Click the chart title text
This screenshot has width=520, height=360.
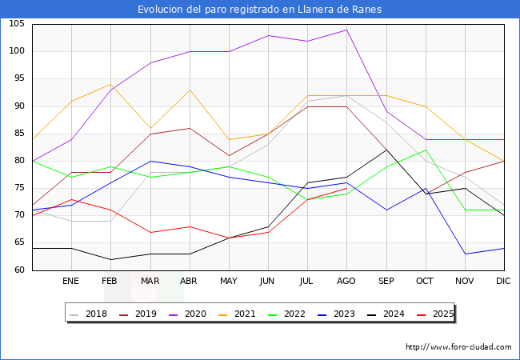(x=259, y=10)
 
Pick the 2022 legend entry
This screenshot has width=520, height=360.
(x=297, y=314)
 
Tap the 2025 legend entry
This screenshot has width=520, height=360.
(x=440, y=314)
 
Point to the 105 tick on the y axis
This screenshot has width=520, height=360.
(x=17, y=24)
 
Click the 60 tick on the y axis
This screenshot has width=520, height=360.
(x=20, y=270)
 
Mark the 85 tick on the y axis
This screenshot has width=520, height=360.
(x=20, y=134)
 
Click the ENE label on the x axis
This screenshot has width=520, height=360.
(x=71, y=282)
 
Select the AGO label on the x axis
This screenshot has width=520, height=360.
(x=346, y=282)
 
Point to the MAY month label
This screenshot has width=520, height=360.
(x=229, y=282)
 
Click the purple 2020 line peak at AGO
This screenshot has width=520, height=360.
(x=346, y=30)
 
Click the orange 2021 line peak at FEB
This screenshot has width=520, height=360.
(x=110, y=85)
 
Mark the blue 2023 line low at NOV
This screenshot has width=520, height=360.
(x=465, y=254)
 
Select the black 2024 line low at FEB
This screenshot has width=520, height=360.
(x=110, y=259)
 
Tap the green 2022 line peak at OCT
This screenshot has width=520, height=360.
(x=426, y=150)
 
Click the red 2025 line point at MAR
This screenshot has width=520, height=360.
(x=150, y=232)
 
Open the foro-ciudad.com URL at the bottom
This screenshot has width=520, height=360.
(x=458, y=347)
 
